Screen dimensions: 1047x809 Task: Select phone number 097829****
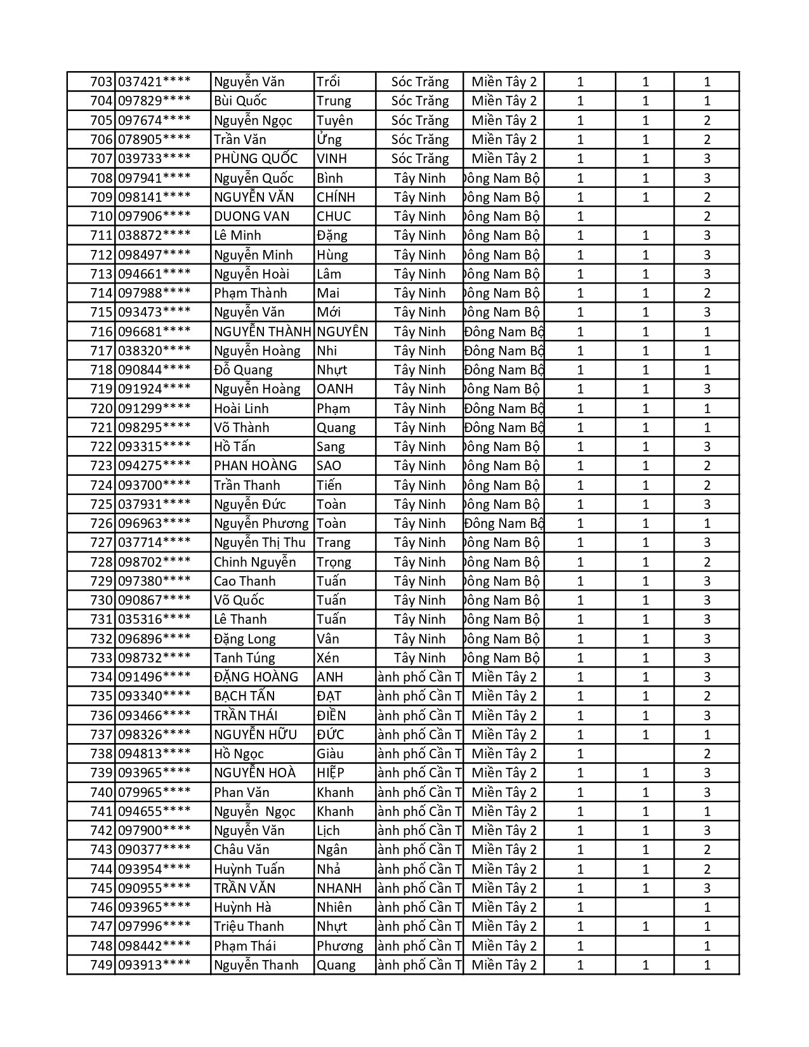[154, 101]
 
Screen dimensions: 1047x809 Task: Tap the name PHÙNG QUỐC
[255, 159]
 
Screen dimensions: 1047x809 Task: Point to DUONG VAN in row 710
[251, 216]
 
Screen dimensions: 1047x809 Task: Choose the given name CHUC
[334, 216]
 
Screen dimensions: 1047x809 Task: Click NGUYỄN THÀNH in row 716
[262, 332]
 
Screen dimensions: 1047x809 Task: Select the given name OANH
[335, 389]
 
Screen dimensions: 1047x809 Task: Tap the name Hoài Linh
[241, 409]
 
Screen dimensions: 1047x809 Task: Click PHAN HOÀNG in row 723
[255, 466]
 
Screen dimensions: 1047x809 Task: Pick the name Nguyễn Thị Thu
[260, 543]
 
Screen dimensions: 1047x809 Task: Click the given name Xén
[328, 658]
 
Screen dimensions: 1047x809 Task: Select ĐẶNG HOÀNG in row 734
[256, 677]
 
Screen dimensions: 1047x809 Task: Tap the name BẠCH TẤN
[244, 696]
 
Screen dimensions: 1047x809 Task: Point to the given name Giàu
[330, 754]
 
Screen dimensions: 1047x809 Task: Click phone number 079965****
[154, 793]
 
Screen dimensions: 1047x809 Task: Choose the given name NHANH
[339, 888]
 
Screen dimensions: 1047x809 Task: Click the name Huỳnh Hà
[242, 907]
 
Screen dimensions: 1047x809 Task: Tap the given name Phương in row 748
[340, 946]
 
